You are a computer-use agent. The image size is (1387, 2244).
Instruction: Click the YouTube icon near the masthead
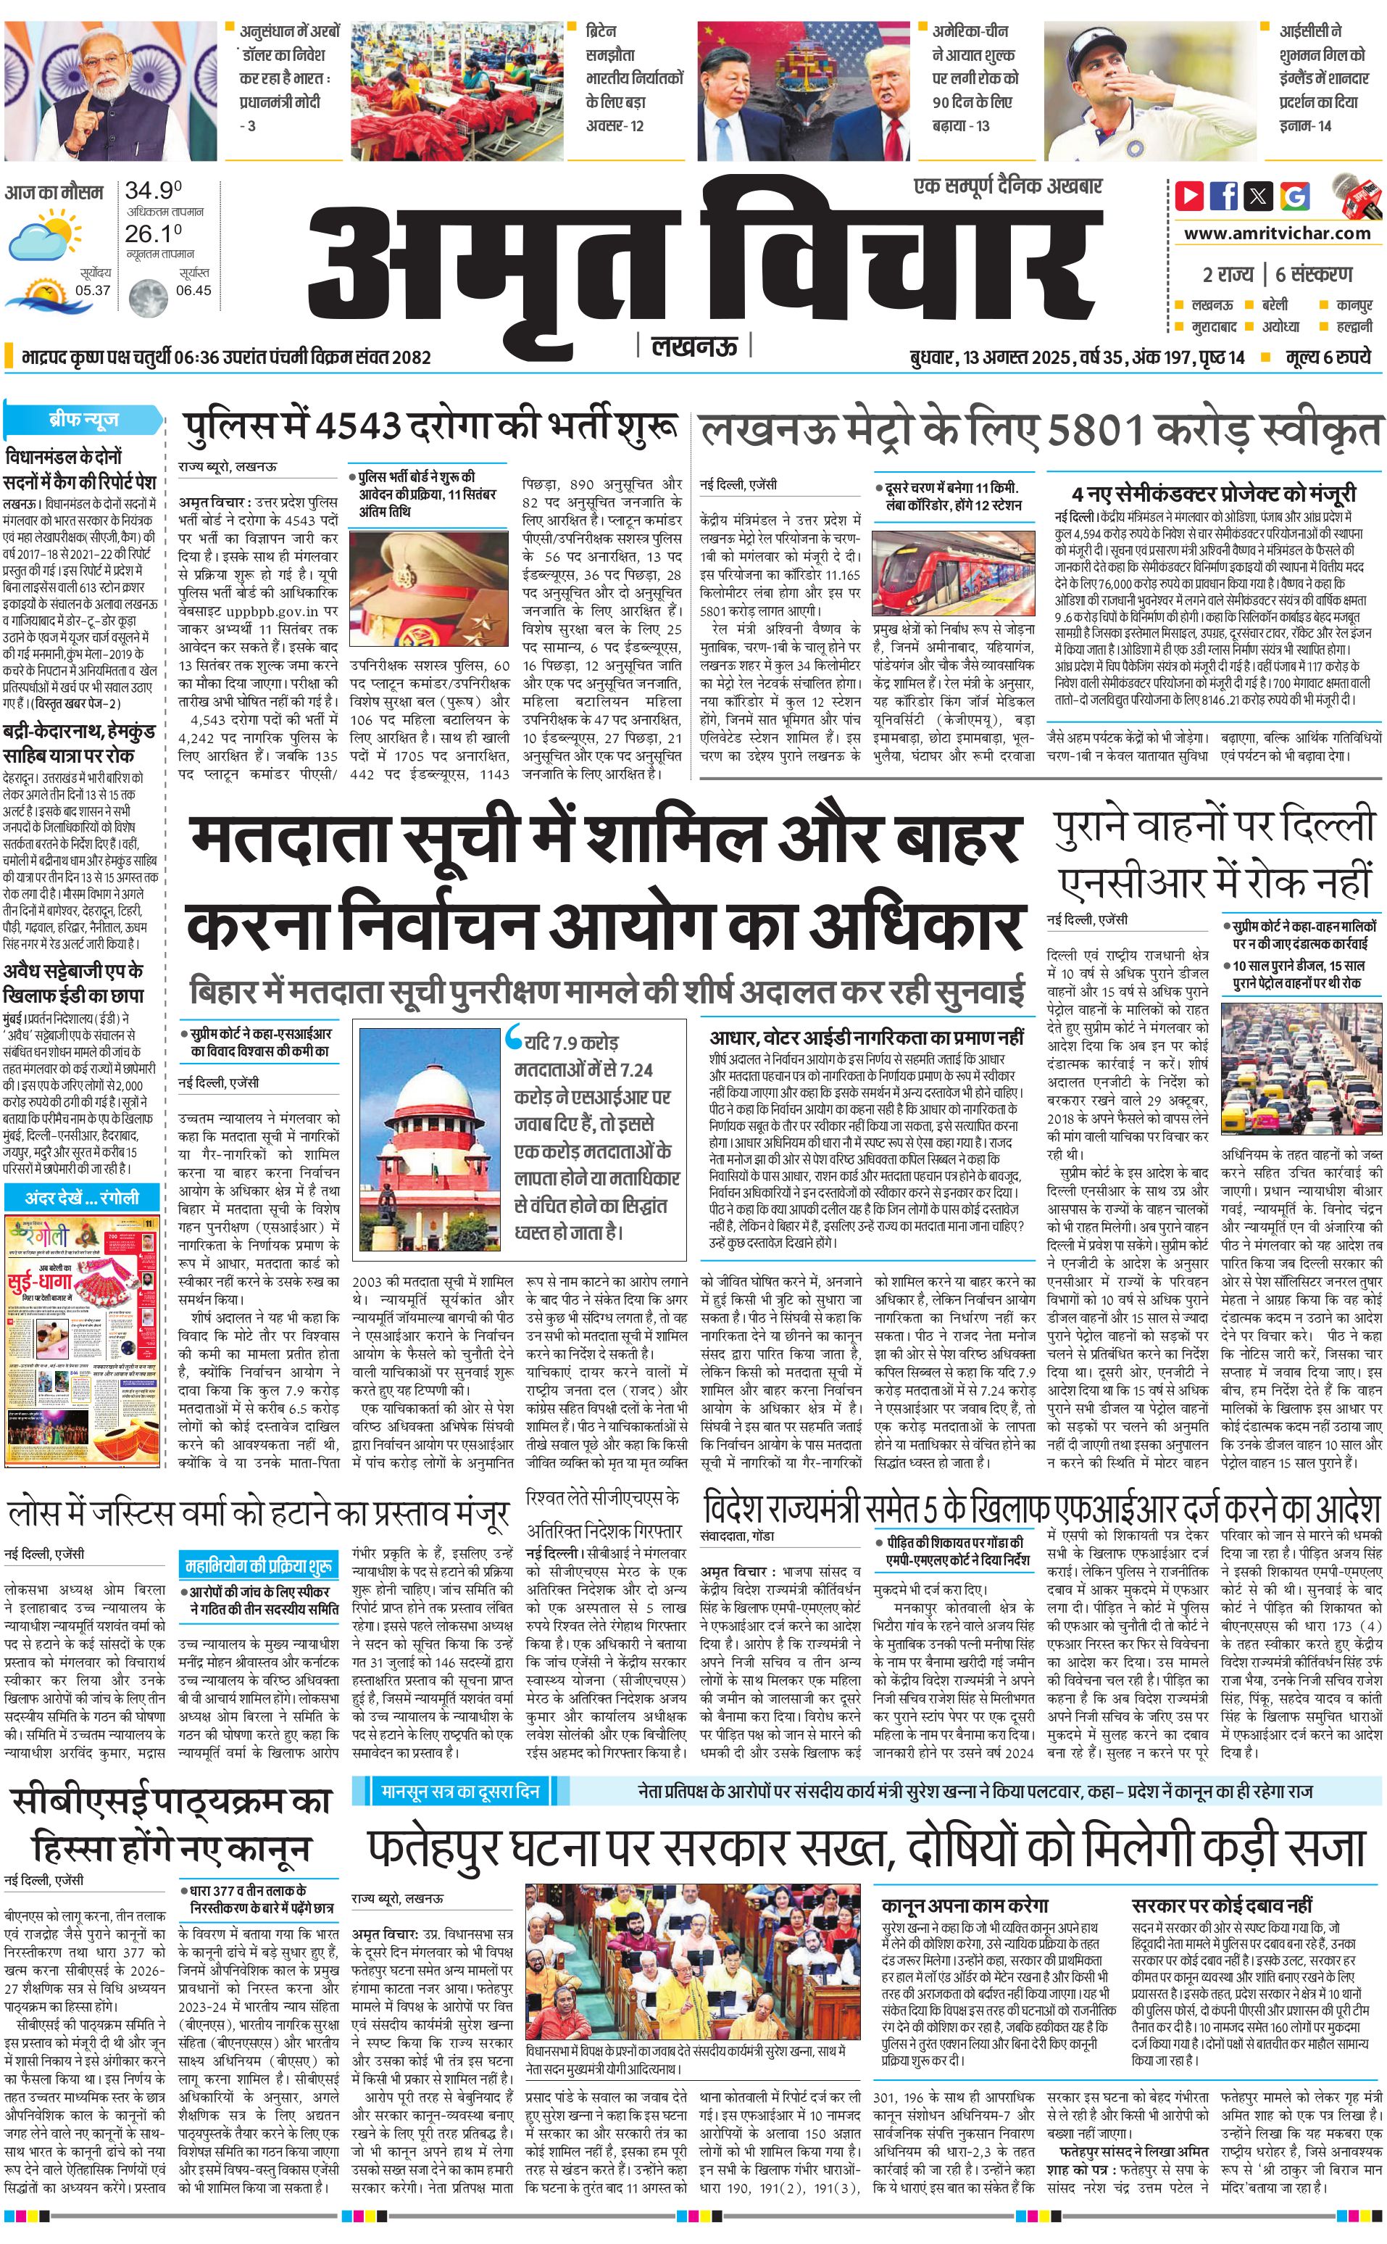(1189, 196)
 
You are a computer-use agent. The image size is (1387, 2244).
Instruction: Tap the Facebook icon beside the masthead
(1224, 196)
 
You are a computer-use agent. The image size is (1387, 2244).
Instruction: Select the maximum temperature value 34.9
(153, 191)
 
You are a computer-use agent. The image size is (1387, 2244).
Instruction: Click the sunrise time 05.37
(93, 290)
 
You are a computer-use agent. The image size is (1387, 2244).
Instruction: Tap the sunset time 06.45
(193, 290)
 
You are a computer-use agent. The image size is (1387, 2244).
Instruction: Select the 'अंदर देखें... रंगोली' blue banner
(83, 1197)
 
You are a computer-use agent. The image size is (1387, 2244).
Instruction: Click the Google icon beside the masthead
(1295, 196)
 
